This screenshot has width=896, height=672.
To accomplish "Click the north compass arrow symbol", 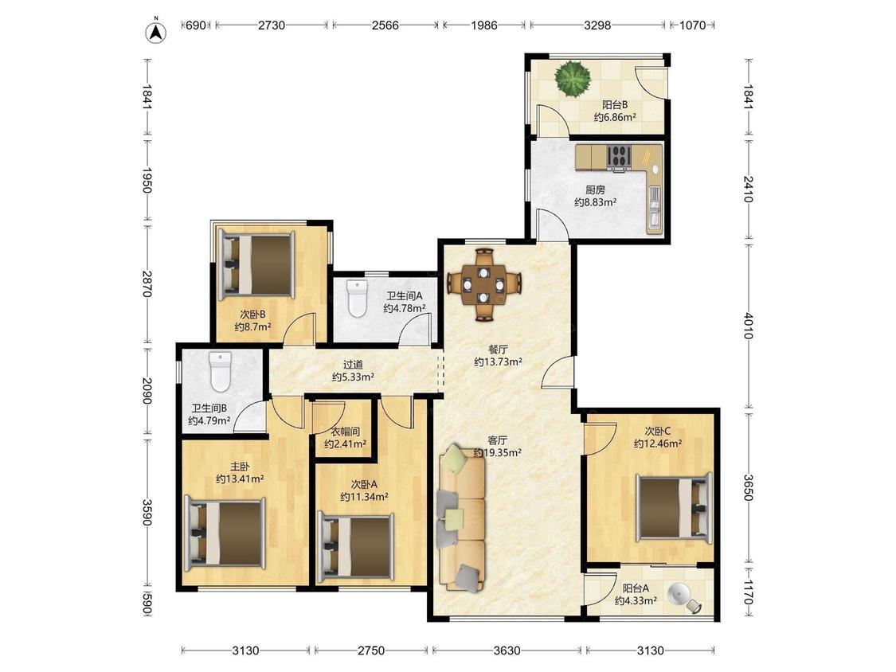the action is point(155,32).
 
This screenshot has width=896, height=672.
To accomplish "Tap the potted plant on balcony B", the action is point(573,79).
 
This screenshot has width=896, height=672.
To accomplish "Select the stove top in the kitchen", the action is point(619,157).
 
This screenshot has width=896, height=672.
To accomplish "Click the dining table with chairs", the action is point(484,284).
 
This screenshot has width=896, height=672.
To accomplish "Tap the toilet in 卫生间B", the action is point(220,371).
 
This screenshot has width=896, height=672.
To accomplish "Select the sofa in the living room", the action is point(462,518).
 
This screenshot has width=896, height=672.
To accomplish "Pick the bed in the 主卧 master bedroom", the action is point(225,532).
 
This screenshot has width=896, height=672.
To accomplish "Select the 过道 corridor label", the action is point(353,364).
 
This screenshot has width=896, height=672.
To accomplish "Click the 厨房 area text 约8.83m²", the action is point(596,202).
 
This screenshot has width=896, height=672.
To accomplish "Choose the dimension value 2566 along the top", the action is point(385,25).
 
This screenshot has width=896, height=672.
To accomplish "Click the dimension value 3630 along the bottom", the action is point(507,651).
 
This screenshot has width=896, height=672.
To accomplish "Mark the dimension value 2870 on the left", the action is point(147,284).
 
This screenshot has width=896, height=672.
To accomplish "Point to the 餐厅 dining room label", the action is point(498,350).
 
